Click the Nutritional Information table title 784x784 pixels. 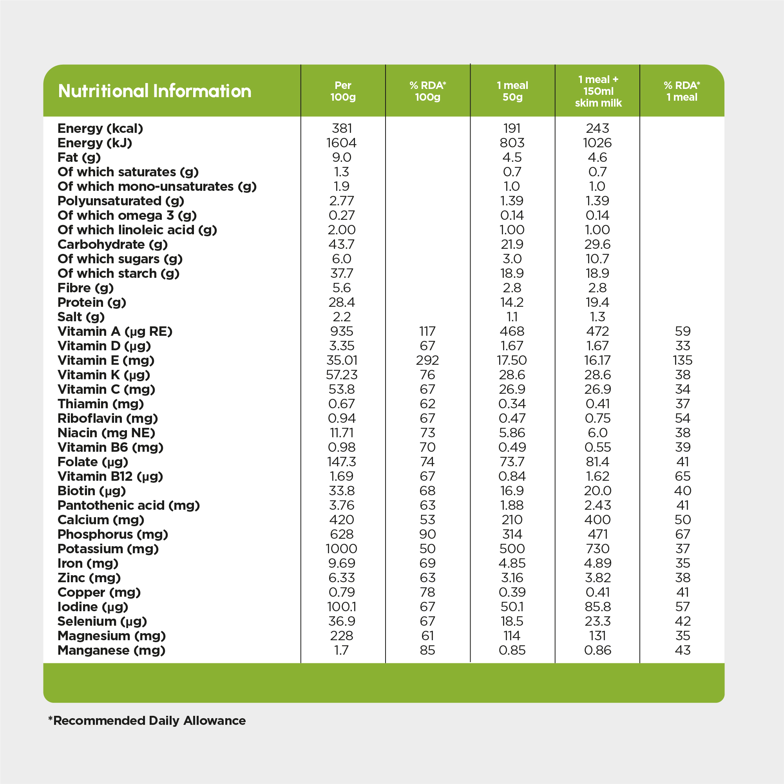pos(155,91)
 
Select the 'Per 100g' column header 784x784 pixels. pos(343,91)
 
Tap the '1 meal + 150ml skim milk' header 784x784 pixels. pos(598,91)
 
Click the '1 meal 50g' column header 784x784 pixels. pos(512,91)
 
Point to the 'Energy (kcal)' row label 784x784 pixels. pos(100,128)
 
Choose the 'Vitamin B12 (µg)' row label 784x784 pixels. pos(110,476)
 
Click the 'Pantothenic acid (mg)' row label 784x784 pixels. pos(129,505)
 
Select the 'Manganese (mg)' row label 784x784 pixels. pos(112,650)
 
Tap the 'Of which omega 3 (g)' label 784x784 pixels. pos(127,215)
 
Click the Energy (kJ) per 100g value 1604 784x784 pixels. pos(342,143)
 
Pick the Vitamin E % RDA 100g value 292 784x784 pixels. pos(427,360)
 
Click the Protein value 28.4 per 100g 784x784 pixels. pos(342,302)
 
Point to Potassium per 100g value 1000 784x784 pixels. pos(341,549)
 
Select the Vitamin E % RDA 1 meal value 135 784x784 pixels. pos(683,360)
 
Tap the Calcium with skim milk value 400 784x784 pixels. pos(598,520)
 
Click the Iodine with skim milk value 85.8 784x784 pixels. pos(598,607)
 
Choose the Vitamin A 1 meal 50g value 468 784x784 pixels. pos(512,331)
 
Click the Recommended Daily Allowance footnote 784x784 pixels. pos(147,721)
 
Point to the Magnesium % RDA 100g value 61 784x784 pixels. pos(427,636)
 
